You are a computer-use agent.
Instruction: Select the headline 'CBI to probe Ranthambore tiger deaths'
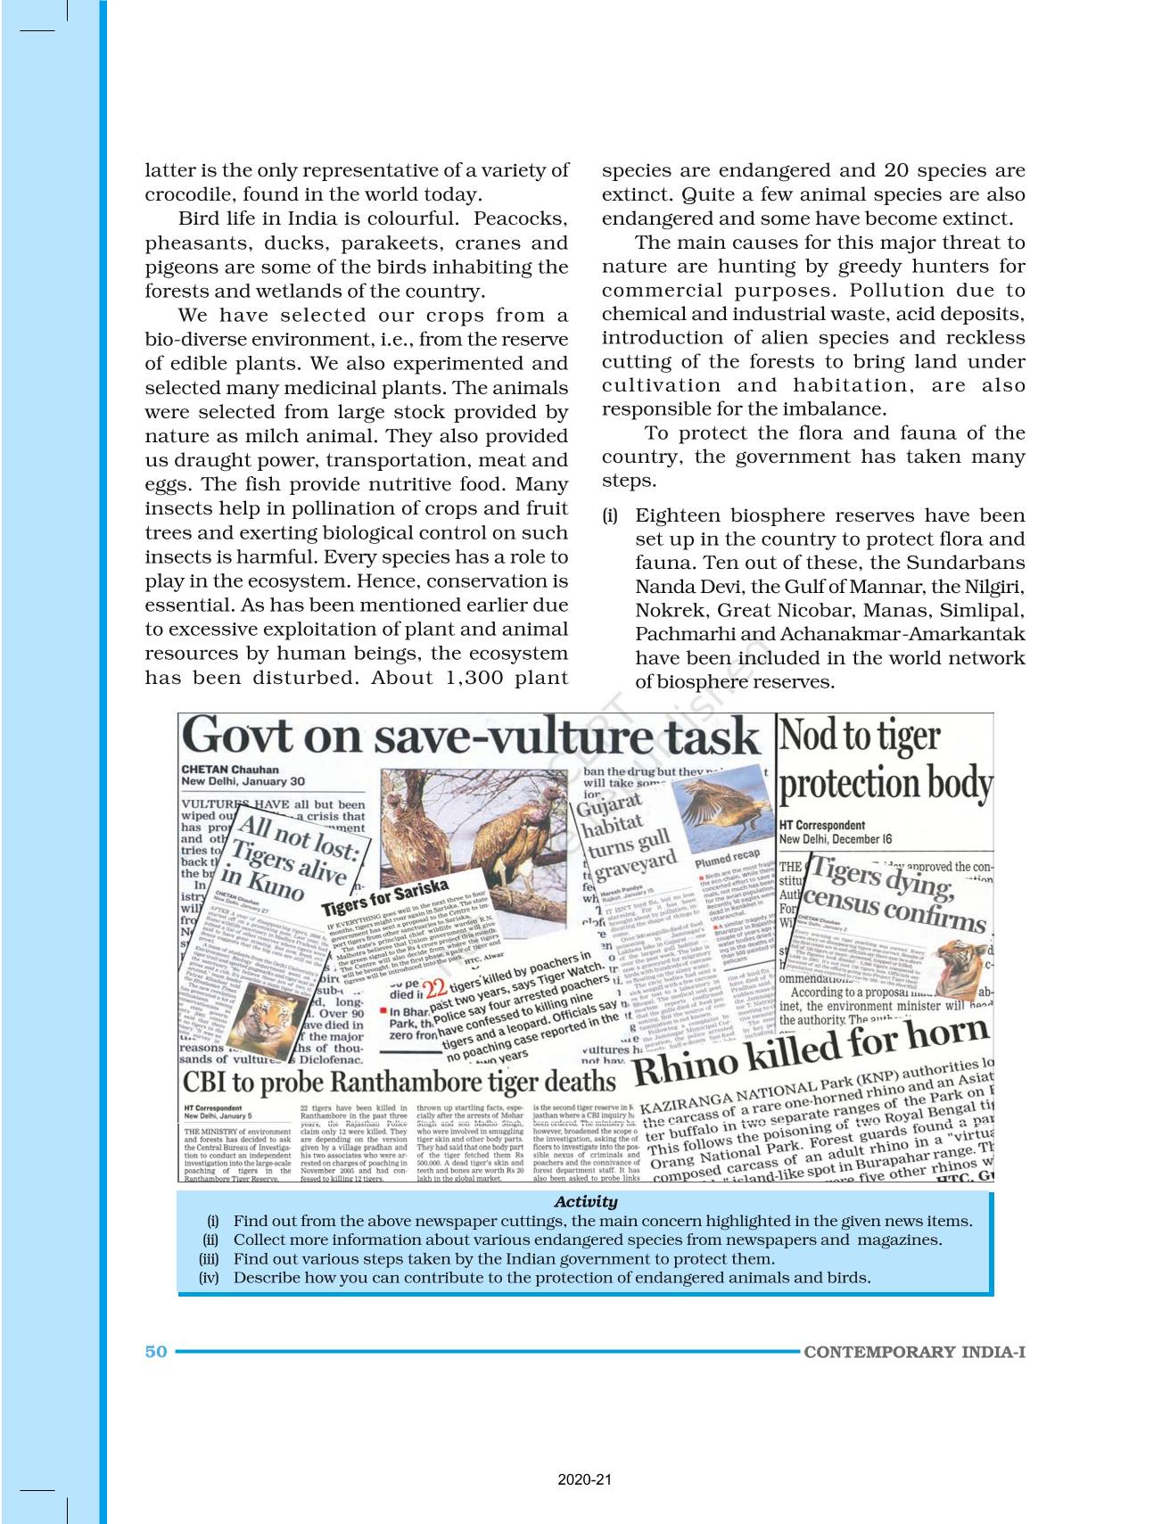tap(399, 1082)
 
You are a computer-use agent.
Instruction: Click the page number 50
tap(156, 1351)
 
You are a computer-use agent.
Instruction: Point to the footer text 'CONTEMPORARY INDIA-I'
tap(914, 1352)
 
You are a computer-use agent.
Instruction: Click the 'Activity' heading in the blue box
tap(585, 1201)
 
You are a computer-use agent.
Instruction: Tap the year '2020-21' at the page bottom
tap(585, 1479)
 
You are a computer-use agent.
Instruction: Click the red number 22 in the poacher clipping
tap(435, 988)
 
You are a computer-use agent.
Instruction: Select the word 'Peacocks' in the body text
tap(520, 219)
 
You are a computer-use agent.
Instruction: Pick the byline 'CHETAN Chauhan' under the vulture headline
tap(230, 770)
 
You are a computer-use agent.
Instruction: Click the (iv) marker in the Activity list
tap(209, 1278)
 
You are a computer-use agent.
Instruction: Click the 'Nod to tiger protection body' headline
tap(884, 760)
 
